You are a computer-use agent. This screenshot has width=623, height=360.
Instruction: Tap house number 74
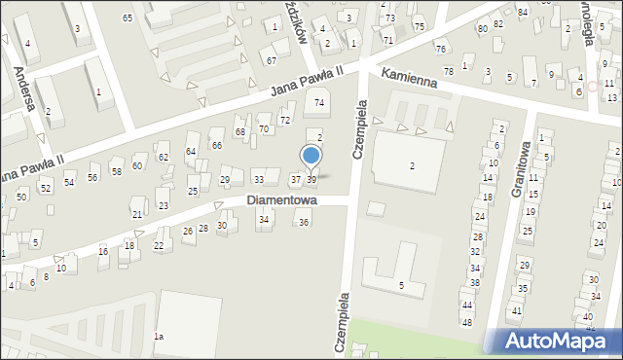coord(318,103)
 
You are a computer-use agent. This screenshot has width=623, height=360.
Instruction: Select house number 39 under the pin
coord(311,179)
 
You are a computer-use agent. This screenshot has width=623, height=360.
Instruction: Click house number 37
coord(296,179)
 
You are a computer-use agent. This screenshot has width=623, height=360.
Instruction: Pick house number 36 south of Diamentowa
coord(304,223)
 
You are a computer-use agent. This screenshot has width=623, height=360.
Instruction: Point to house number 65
coord(128,18)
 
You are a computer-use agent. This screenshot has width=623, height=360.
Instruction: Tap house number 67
coord(272,60)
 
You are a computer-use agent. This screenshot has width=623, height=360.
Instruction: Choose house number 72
coord(285,120)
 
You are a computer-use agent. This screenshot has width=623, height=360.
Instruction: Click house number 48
coord(467,322)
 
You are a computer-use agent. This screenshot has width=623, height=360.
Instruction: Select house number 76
coord(440,49)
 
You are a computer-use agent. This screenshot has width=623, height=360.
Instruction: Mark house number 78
coord(449,71)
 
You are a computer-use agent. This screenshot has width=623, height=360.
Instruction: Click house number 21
coord(137,214)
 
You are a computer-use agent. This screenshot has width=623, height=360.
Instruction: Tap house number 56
coord(92,177)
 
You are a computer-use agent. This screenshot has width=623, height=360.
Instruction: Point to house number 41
coord(516,311)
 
